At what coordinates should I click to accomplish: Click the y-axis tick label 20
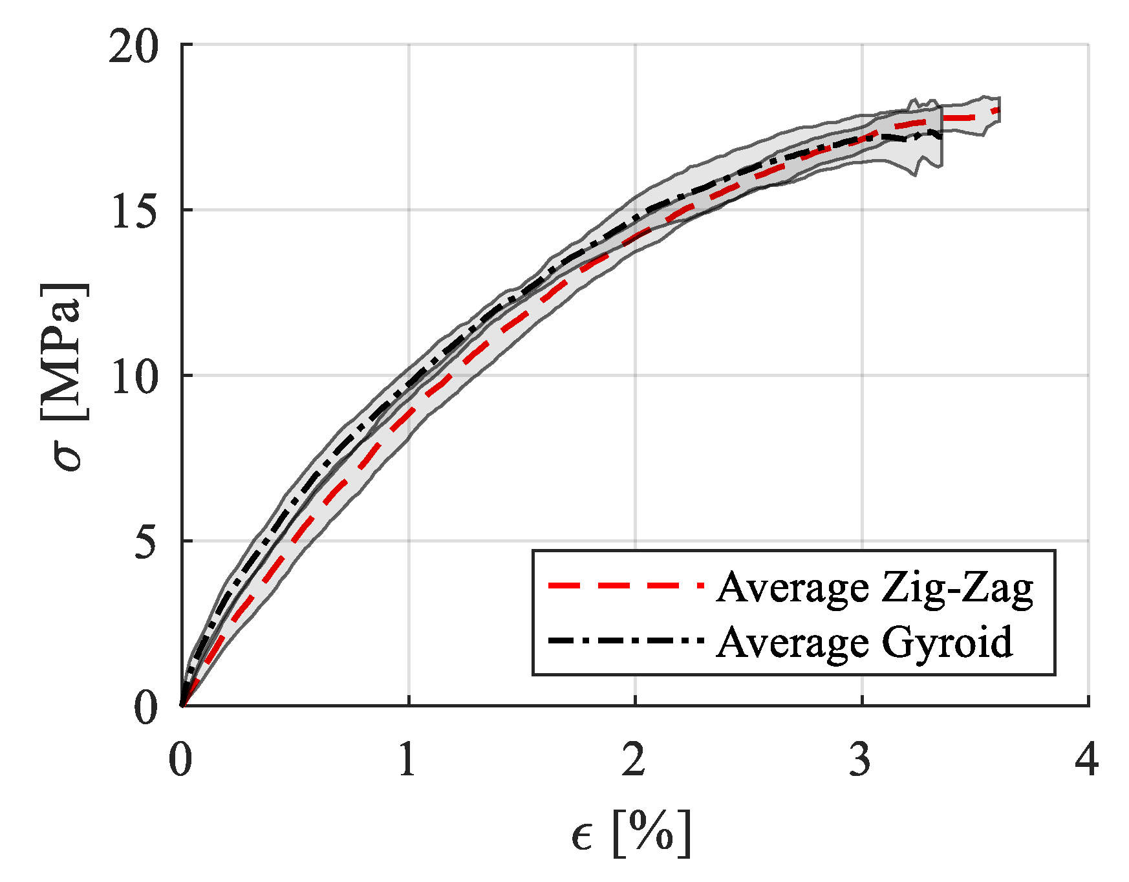(x=133, y=47)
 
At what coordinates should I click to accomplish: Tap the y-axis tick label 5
(x=146, y=542)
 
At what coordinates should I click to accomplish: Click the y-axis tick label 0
(x=146, y=707)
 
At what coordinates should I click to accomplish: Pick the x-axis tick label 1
(x=407, y=759)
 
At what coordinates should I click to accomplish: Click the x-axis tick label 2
(x=634, y=759)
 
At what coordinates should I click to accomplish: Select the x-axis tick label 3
(x=861, y=759)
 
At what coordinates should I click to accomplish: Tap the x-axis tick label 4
(x=1087, y=759)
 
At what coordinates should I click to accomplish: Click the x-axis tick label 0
(x=180, y=759)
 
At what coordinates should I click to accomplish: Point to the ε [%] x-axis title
(x=631, y=834)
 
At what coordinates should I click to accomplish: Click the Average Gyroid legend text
(x=864, y=642)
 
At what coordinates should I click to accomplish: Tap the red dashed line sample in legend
(x=625, y=586)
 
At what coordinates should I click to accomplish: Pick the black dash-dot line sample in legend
(x=625, y=641)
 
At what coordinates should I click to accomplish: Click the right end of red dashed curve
(x=998, y=111)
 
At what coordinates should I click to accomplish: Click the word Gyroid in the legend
(x=947, y=643)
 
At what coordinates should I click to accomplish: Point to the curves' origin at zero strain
(x=182, y=705)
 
